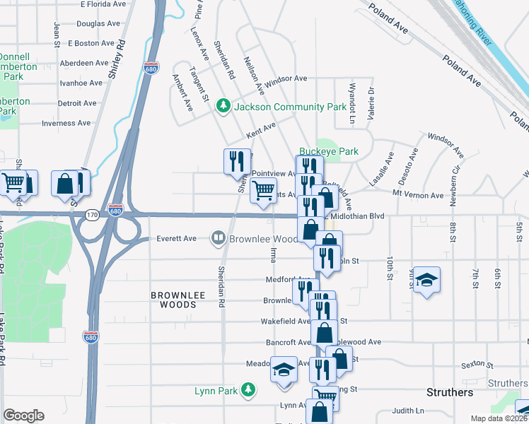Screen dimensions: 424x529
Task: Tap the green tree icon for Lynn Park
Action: (x=248, y=389)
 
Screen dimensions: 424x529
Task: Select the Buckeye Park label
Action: (x=328, y=151)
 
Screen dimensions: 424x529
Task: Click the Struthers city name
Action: (x=450, y=392)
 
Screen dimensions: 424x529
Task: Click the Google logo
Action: (x=23, y=416)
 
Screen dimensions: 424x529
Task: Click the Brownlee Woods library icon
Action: (x=219, y=239)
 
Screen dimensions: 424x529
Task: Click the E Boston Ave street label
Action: (x=91, y=43)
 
